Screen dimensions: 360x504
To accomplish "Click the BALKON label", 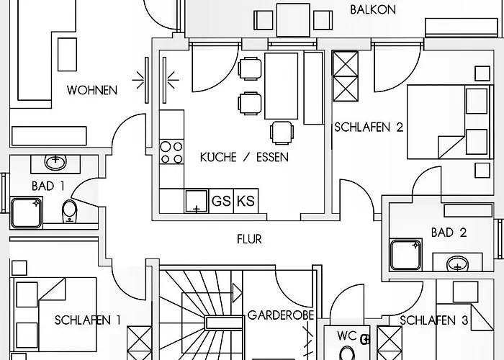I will tap(372, 9).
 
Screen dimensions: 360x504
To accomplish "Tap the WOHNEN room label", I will tap(91, 90).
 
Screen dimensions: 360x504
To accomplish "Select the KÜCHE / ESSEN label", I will tap(244, 157).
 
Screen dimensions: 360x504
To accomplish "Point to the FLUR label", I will tap(249, 239).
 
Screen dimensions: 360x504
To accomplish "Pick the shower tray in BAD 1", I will tap(27, 212).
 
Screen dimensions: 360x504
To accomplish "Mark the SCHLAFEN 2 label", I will tap(369, 127).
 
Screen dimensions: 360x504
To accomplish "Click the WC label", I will tap(347, 336).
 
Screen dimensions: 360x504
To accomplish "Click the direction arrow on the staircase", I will tap(235, 292).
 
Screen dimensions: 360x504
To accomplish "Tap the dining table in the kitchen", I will tap(281, 85).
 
